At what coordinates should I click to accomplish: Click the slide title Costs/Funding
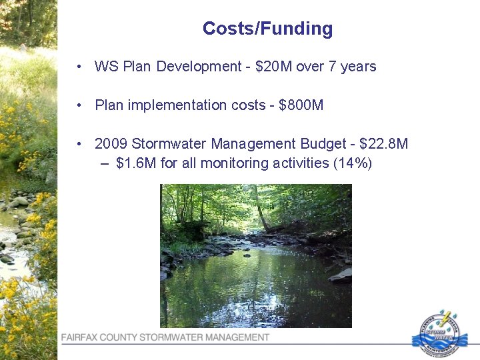267,29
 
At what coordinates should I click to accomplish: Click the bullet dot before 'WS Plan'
79,67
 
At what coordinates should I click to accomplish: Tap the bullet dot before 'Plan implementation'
79,105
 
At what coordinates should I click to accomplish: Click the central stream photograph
256,255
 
